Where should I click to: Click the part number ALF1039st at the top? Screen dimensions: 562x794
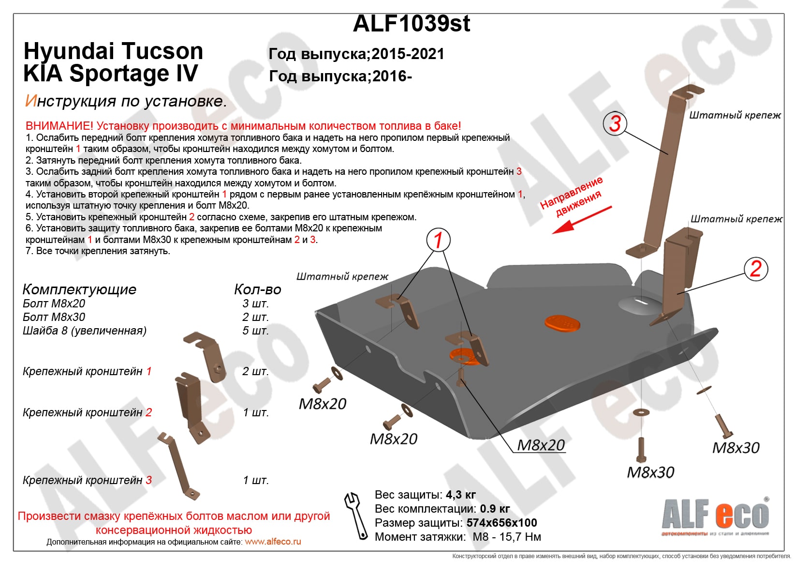point(412,23)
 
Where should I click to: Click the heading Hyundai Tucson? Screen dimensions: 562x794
point(113,51)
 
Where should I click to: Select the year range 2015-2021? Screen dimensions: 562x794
point(408,54)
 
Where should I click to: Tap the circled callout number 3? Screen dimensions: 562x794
point(615,123)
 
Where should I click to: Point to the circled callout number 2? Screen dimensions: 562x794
point(756,269)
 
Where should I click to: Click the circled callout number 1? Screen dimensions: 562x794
point(438,240)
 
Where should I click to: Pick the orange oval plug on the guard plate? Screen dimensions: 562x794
point(562,323)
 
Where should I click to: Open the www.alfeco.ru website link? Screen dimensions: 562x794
point(273,542)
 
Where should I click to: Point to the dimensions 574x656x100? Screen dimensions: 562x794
point(501,523)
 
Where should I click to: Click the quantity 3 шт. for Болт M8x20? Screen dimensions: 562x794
point(255,304)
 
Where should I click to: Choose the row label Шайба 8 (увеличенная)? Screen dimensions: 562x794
point(85,331)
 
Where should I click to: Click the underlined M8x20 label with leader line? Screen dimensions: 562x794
point(541,445)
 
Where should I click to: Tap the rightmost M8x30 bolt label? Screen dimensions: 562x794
point(735,448)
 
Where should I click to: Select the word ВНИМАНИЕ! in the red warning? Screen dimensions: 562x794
point(59,126)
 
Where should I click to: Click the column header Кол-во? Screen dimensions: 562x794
point(257,289)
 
